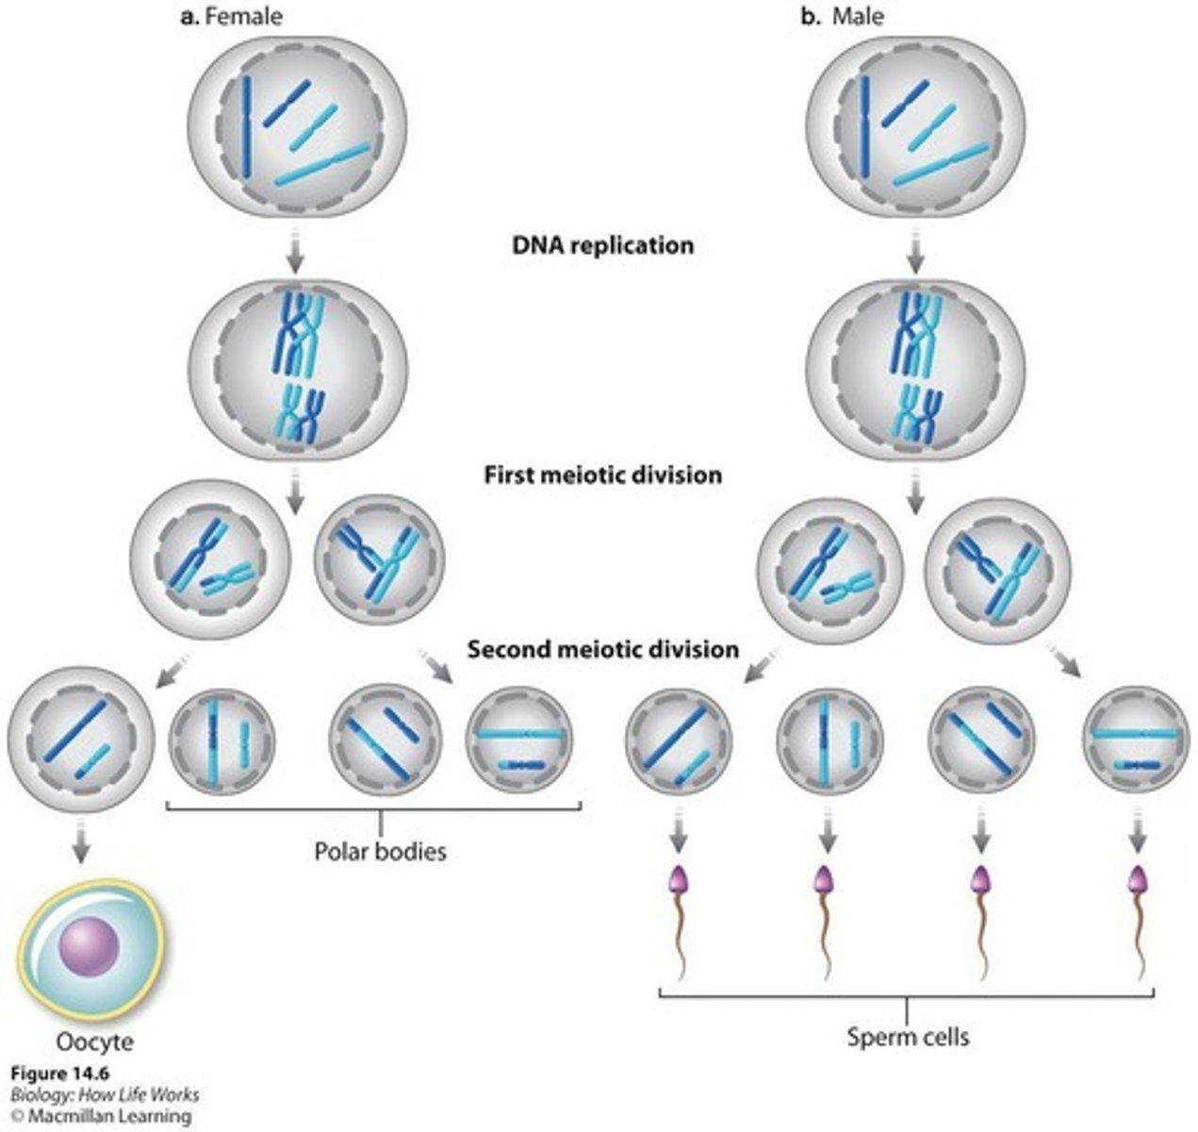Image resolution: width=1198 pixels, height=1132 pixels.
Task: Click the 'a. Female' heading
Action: [x=231, y=16]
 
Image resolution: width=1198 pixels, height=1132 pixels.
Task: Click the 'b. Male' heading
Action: [x=845, y=16]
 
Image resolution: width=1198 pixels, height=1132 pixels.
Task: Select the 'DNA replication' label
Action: [x=603, y=245]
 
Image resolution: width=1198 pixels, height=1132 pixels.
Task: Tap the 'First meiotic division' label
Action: [x=603, y=474]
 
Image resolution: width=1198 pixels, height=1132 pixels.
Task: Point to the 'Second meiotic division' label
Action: [x=603, y=650]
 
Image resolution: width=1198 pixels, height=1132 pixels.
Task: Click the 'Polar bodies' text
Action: [x=380, y=852]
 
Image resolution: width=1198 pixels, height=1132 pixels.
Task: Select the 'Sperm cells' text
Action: [x=907, y=1038]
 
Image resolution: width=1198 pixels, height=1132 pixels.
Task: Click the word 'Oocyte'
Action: [x=94, y=1041]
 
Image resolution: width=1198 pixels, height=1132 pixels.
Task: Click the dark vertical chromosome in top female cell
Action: [x=247, y=127]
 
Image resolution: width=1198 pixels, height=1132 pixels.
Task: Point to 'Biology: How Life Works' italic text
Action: [x=105, y=1094]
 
